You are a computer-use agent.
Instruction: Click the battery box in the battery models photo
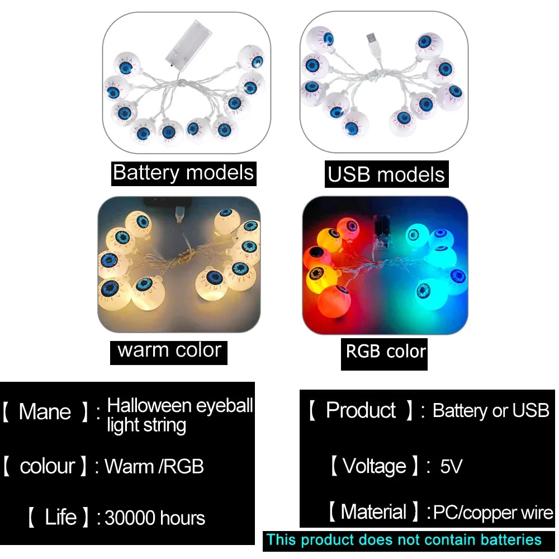pyautogui.click(x=188, y=44)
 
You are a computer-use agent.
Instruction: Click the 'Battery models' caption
pyautogui.click(x=183, y=173)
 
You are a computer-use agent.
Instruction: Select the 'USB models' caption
pyautogui.click(x=386, y=174)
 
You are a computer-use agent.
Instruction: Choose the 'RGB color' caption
pyautogui.click(x=385, y=352)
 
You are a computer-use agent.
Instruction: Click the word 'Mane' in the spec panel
pyautogui.click(x=45, y=412)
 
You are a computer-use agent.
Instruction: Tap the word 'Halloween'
pyautogui.click(x=149, y=405)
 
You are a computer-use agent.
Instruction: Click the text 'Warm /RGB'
pyautogui.click(x=154, y=466)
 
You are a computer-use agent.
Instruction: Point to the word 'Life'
pyautogui.click(x=60, y=517)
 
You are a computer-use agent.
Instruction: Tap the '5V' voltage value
pyautogui.click(x=451, y=466)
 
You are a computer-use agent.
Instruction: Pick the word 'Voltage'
pyautogui.click(x=375, y=466)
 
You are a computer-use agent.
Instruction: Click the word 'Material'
pyautogui.click(x=373, y=512)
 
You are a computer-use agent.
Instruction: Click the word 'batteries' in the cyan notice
pyautogui.click(x=511, y=540)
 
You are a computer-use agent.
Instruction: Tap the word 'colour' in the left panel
pyautogui.click(x=48, y=466)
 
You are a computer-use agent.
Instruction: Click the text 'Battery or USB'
pyautogui.click(x=491, y=411)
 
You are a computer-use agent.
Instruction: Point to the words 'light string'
pyautogui.click(x=146, y=425)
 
